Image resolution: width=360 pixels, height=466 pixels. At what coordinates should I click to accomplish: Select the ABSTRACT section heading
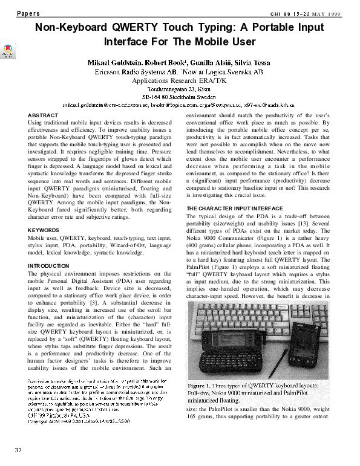(x=44, y=114)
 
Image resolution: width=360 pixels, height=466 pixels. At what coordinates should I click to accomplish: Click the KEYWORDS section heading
(x=46, y=230)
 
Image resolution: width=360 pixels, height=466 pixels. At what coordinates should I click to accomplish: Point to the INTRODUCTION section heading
(x=53, y=265)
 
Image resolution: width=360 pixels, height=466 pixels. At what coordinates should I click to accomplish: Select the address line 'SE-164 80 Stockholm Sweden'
(x=179, y=96)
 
